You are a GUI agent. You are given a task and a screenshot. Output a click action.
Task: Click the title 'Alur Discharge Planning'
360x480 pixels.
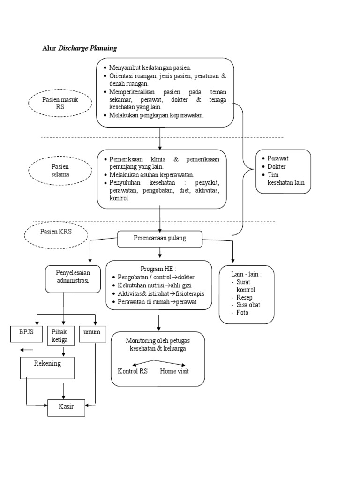click(x=79, y=48)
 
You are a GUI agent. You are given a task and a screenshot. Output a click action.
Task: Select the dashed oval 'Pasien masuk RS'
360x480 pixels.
click(x=60, y=103)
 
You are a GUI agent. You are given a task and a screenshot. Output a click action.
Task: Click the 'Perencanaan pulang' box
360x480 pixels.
click(x=160, y=238)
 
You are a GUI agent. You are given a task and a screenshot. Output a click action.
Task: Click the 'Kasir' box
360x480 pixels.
click(x=67, y=406)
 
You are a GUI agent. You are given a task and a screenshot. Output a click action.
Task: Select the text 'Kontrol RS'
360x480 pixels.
click(x=133, y=371)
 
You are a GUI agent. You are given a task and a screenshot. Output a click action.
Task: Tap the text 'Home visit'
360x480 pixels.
click(x=174, y=371)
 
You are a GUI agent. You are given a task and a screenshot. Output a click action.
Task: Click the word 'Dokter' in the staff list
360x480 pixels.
click(x=277, y=166)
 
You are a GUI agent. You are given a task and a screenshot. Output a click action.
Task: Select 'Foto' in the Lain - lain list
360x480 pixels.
click(x=243, y=312)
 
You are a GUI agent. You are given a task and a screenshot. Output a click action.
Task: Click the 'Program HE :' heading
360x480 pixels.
click(x=158, y=268)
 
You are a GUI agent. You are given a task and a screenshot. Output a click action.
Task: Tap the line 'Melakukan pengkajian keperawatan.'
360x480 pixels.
click(x=157, y=115)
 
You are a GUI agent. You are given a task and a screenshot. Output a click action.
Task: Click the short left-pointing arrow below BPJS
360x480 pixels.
click(x=26, y=350)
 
